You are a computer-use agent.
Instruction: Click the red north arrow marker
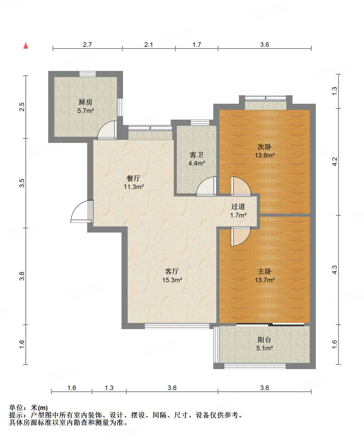26,46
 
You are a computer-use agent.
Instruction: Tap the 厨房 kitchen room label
85,102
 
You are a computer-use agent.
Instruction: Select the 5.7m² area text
86,111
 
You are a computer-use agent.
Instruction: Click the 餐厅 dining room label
134,178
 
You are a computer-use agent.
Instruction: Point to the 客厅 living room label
172,271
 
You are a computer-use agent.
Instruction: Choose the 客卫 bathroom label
197,155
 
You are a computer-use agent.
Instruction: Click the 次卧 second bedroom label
265,147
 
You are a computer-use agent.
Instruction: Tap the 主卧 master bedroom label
265,271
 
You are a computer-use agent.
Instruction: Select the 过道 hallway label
238,206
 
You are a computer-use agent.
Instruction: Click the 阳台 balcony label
265,340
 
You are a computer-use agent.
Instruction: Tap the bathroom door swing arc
206,186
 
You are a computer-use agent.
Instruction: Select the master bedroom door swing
241,236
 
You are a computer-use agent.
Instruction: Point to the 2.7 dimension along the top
87,45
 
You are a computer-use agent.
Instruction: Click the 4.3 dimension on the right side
335,270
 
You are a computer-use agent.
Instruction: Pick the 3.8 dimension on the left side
22,276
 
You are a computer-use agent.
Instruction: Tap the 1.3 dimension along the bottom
109,388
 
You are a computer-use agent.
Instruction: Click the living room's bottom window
177,326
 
